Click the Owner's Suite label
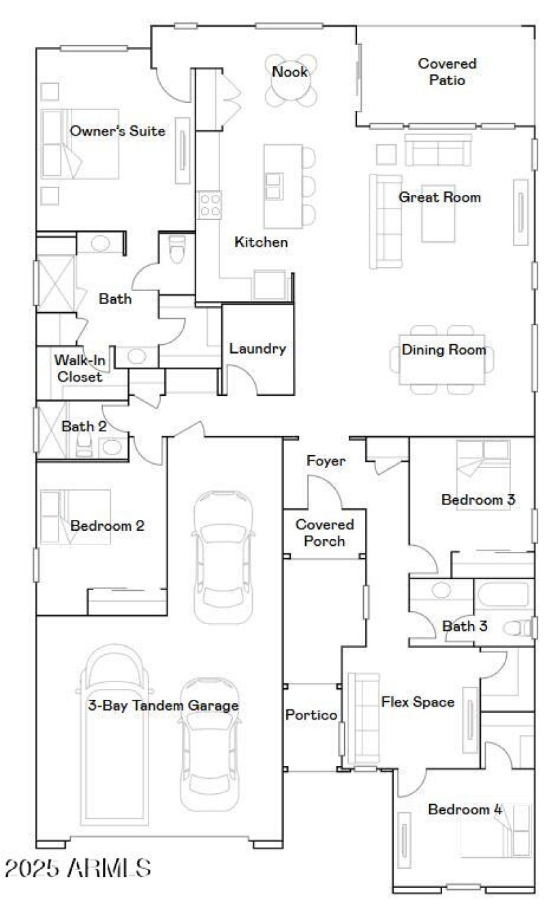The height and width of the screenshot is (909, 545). point(118,131)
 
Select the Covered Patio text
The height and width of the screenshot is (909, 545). point(447,72)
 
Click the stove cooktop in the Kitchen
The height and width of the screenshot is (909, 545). point(210,204)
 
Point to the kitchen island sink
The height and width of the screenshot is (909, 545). point(273,185)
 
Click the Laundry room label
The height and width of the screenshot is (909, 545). point(257,349)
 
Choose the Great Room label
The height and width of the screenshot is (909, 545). point(439,198)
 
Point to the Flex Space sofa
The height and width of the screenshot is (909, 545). point(362,719)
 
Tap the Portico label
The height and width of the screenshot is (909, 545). point(311,715)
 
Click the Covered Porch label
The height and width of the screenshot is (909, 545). point(324,533)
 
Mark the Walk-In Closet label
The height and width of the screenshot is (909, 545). point(78,368)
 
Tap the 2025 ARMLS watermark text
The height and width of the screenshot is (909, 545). point(78,868)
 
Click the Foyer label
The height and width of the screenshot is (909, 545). point(326,461)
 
